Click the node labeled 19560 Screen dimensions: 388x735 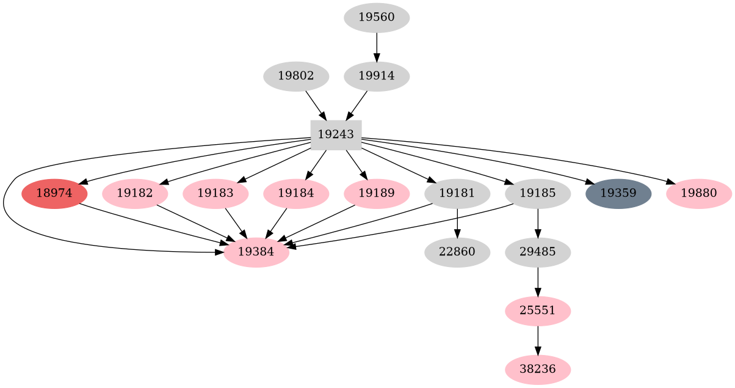(377, 17)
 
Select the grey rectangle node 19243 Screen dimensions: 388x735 (336, 134)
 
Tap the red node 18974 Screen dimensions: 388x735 (54, 194)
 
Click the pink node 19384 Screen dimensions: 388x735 (256, 252)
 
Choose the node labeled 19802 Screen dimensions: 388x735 (296, 76)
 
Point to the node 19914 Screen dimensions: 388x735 (377, 76)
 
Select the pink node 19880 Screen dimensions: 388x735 (698, 194)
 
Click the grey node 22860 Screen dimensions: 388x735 (457, 252)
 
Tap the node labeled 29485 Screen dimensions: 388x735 (538, 252)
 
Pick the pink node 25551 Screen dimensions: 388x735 (538, 310)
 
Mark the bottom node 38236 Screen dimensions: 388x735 (538, 369)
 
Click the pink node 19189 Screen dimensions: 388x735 (377, 194)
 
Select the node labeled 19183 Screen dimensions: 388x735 (215, 194)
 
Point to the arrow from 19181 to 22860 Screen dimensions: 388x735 (457, 223)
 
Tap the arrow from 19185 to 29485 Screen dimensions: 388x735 (538, 223)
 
